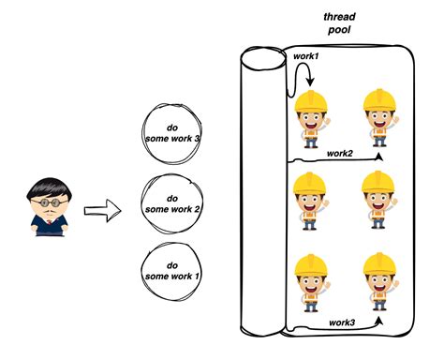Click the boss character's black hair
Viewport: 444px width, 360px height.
click(44, 185)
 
